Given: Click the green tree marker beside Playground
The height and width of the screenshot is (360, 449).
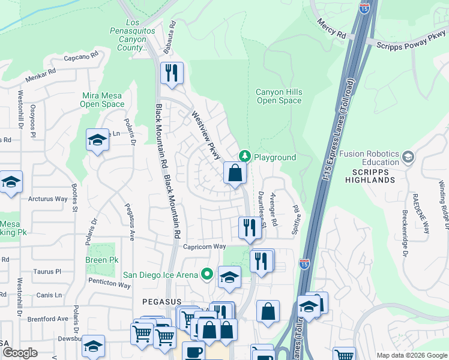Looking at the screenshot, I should [244, 156].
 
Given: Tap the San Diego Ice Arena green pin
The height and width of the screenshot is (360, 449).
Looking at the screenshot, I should [207, 274].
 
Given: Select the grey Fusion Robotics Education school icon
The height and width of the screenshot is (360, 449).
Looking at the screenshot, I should [408, 157].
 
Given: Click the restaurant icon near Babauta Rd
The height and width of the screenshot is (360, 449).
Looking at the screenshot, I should [172, 73].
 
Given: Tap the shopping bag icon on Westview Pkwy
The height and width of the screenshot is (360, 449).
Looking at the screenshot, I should [235, 173].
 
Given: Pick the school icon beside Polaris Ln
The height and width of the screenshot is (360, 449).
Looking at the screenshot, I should [97, 140].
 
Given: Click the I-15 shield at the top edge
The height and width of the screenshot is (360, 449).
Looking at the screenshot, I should [364, 8].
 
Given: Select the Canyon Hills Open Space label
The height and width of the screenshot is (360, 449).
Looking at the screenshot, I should [279, 97].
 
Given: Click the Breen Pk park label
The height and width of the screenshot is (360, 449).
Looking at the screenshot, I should [101, 260].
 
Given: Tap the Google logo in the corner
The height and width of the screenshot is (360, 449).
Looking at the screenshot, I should [20, 353].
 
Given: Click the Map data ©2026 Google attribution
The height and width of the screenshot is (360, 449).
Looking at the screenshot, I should [411, 355].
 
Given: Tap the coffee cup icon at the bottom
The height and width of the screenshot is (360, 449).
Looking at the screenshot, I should [193, 352].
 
